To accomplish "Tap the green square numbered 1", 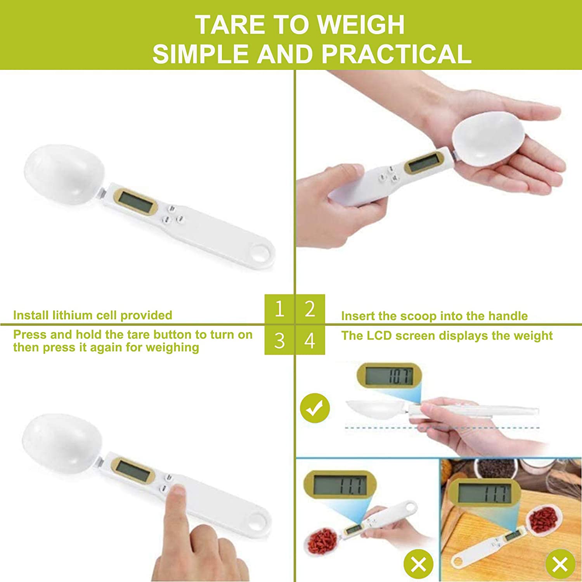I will (279, 309).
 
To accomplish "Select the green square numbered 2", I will (310, 309).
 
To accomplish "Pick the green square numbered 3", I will (279, 340).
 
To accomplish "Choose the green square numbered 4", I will (310, 340).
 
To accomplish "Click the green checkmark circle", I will (315, 408).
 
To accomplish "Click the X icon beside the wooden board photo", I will (560, 565).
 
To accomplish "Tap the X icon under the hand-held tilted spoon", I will (418, 565).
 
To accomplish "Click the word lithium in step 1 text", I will (73, 315).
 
